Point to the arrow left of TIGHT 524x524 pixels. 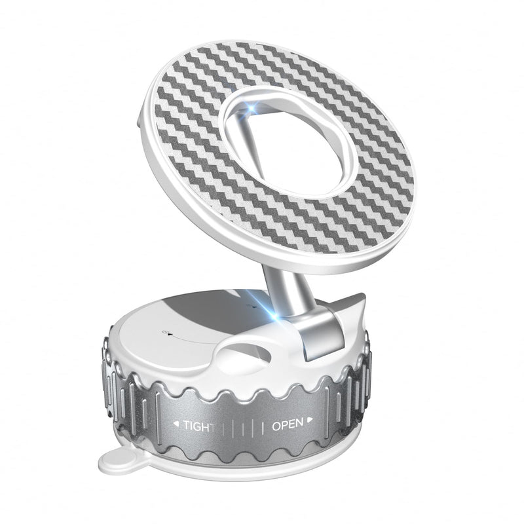tap(176, 424)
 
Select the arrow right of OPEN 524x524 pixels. tap(310, 419)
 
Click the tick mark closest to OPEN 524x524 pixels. tap(263, 428)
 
